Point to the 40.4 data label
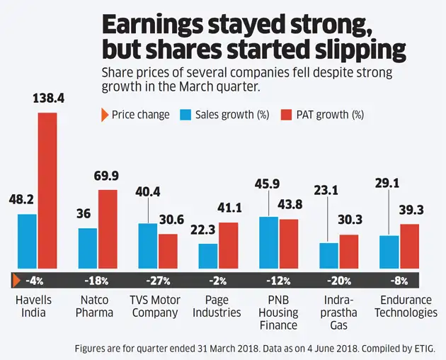pos(147,191)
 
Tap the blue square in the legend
pos(188,114)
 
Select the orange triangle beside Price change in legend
pos(105,114)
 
